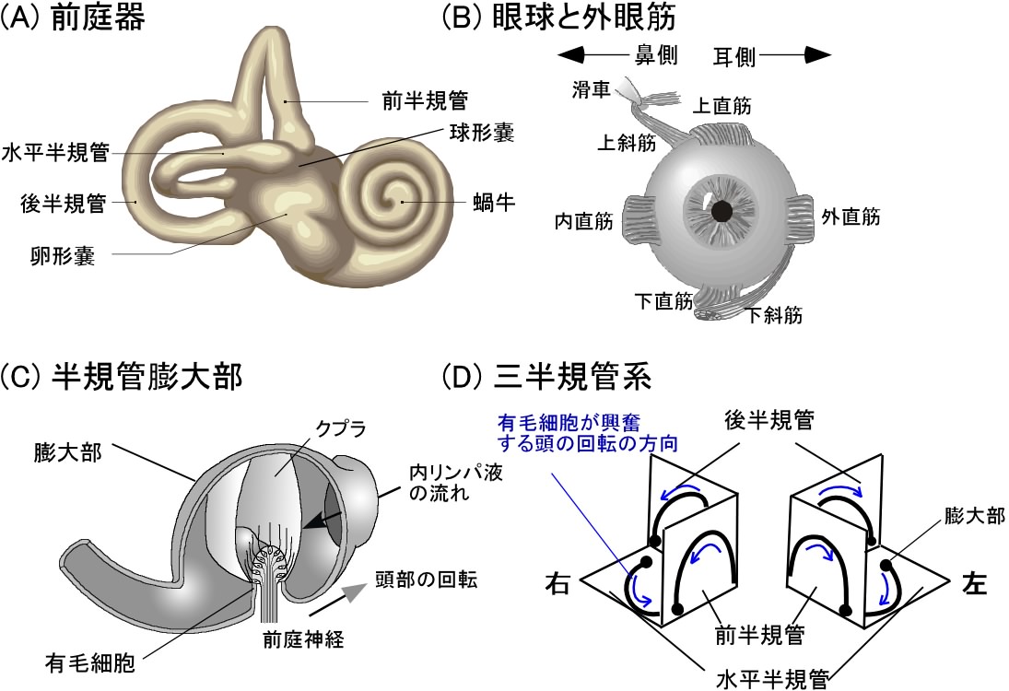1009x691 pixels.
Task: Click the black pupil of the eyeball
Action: pos(723,211)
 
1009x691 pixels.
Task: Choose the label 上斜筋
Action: pos(627,143)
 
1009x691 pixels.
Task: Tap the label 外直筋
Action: pos(850,217)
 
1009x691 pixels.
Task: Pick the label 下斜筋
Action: pos(774,316)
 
